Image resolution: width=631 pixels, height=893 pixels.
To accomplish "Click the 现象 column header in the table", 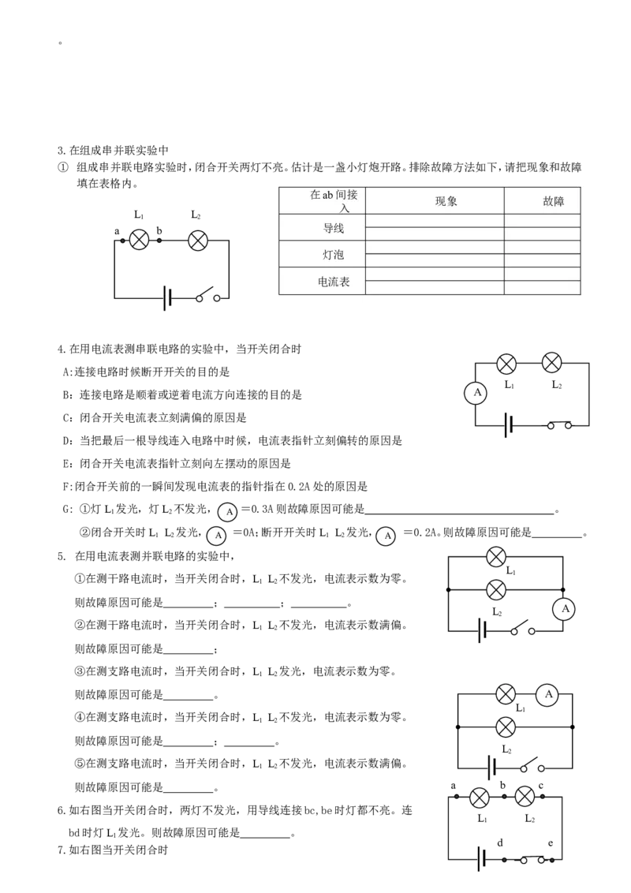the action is (446, 201).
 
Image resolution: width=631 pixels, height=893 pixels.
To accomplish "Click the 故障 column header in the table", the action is (553, 201).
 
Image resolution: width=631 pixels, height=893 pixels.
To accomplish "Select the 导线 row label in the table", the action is (333, 228).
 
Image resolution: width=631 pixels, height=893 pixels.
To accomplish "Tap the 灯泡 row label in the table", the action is (333, 255).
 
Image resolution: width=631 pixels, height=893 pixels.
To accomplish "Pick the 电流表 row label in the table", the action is (333, 282).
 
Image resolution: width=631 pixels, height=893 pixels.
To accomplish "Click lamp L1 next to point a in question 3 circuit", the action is (139, 241).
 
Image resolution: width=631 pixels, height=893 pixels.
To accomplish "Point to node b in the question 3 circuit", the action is (159, 241).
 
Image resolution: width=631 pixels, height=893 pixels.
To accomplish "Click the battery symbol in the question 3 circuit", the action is (167, 298).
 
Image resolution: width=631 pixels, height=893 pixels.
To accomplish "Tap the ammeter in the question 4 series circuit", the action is (476, 393).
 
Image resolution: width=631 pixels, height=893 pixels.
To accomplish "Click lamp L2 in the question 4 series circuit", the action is (551, 363).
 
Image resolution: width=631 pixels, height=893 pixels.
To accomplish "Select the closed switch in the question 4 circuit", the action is (559, 425).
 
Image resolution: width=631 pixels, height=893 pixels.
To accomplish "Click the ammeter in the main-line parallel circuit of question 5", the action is (565, 609).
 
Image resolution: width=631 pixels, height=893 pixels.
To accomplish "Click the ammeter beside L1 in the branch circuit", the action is (548, 695).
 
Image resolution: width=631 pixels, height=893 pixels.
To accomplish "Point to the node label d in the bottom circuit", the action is (500, 843).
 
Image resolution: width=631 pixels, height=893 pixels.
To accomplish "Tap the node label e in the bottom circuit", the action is (550, 843).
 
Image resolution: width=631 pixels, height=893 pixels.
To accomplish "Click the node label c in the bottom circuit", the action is (540, 786).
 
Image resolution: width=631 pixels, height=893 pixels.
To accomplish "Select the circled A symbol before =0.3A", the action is (229, 511).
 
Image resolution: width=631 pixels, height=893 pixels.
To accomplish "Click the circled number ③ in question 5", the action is (80, 671).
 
